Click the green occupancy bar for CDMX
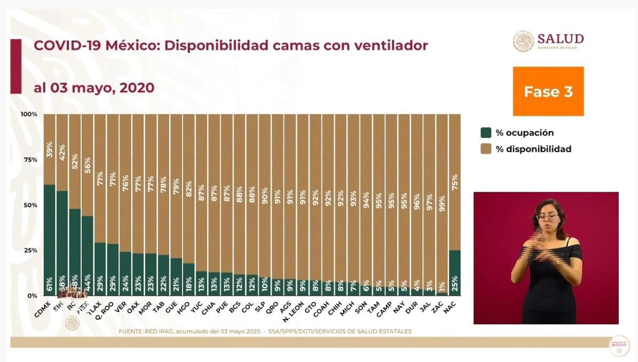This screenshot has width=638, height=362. [x=49, y=240]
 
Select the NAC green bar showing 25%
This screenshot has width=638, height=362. [x=455, y=273]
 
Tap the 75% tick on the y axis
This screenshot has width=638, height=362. [x=29, y=160]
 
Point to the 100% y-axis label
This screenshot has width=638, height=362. [x=29, y=114]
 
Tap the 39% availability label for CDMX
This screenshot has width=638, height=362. [x=49, y=148]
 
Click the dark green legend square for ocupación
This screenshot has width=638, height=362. [x=486, y=133]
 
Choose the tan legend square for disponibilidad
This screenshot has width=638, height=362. [x=486, y=149]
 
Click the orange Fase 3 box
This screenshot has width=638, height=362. [x=548, y=91]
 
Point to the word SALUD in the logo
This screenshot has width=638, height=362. [x=560, y=38]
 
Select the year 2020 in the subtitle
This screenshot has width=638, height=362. [x=137, y=88]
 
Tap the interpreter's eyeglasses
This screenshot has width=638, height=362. [x=548, y=217]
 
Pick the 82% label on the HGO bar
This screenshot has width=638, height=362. [x=188, y=190]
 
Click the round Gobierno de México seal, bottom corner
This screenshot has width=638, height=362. [x=619, y=345]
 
